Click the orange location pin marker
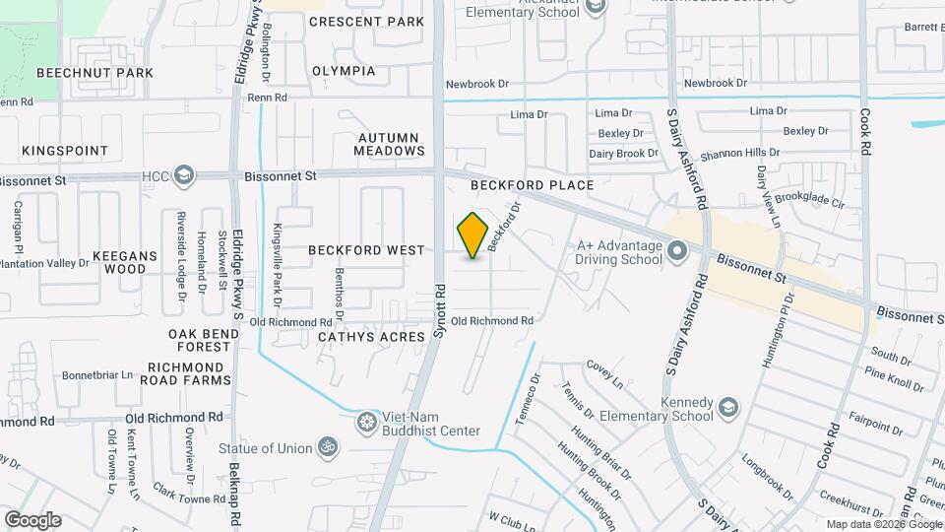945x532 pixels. click(473, 235)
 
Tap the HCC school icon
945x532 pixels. click(183, 175)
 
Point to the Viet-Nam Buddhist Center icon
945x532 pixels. click(368, 423)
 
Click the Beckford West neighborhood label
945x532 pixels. click(366, 251)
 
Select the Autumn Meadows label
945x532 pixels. click(391, 144)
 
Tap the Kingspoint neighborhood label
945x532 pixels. click(65, 152)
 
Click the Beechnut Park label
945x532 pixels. click(94, 73)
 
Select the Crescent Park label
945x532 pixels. click(366, 22)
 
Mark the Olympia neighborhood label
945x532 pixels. click(344, 71)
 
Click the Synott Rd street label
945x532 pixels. click(441, 312)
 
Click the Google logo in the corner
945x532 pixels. click(32, 520)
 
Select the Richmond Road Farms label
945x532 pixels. click(189, 372)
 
